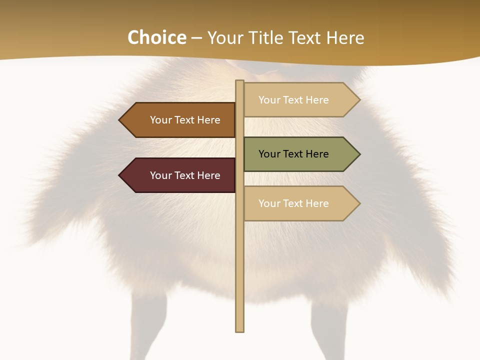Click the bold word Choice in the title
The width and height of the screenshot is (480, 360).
[156, 38]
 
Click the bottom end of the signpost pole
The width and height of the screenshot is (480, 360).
[240, 330]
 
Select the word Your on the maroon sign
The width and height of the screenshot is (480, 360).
[160, 175]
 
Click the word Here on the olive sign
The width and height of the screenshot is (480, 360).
[317, 154]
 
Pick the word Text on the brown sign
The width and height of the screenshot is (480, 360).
[185, 120]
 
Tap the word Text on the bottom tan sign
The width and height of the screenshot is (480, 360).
[293, 203]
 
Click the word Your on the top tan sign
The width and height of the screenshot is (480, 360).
[269, 100]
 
